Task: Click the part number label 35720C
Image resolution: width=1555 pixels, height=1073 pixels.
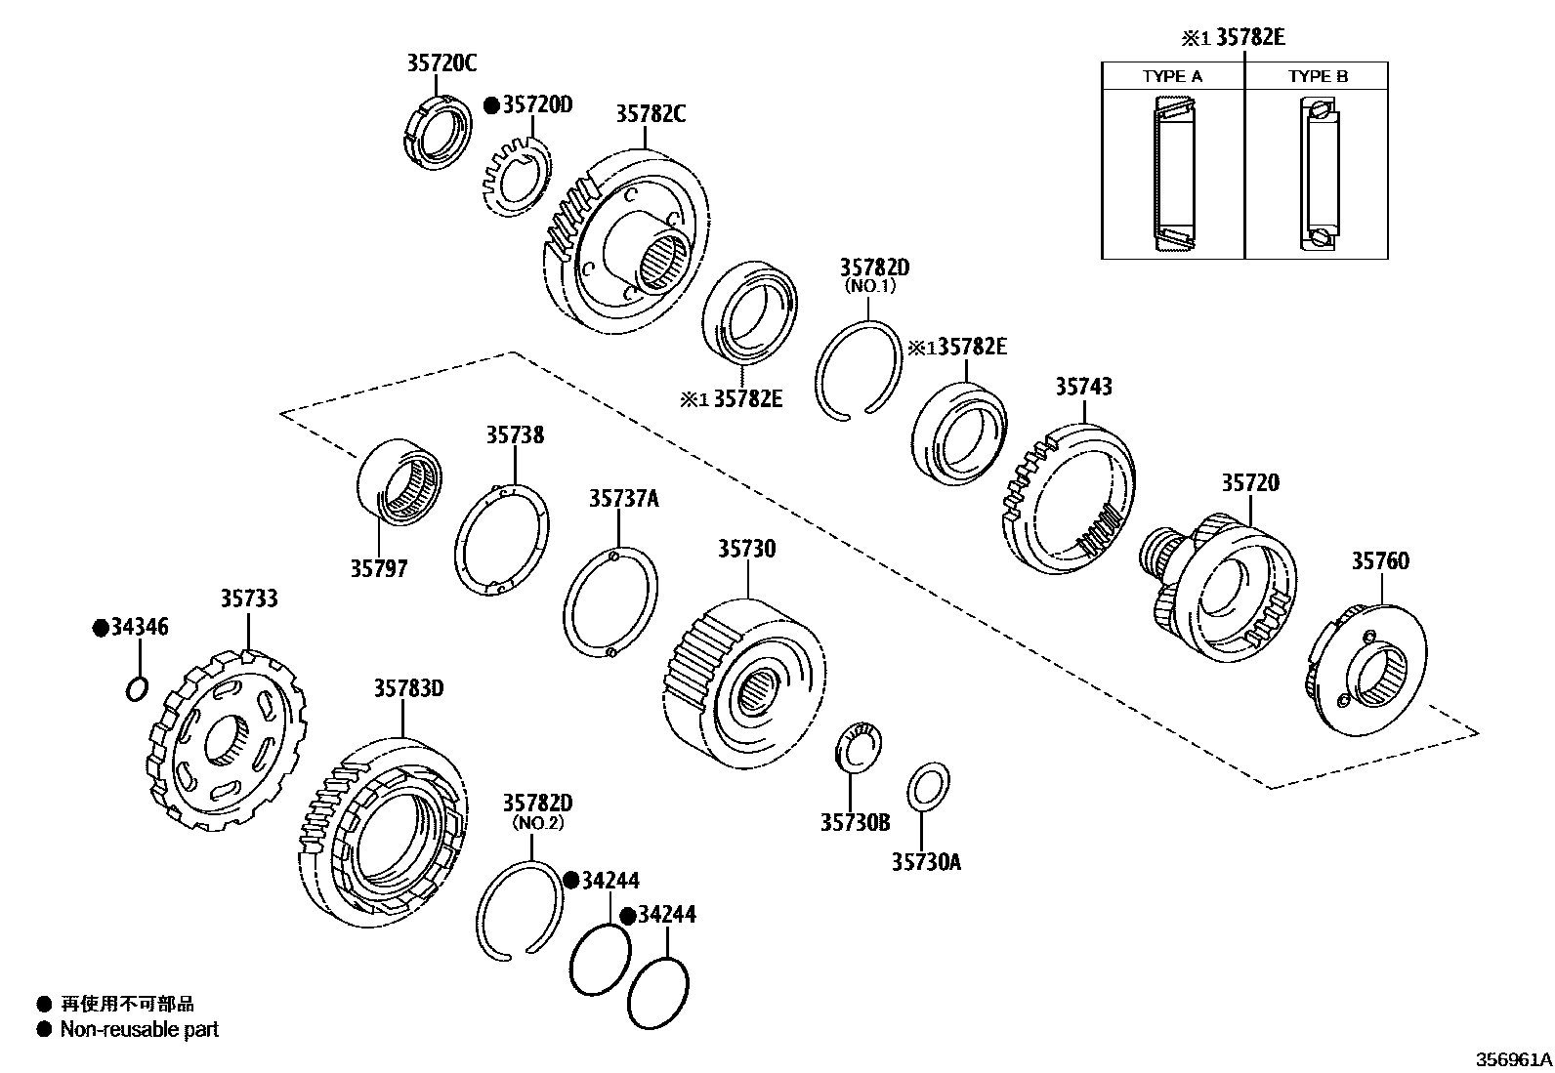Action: click(441, 63)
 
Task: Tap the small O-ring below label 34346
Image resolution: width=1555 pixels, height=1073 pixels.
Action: click(137, 689)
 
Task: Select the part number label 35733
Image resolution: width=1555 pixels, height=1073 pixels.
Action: click(248, 598)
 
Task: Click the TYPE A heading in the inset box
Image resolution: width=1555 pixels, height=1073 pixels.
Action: click(1172, 76)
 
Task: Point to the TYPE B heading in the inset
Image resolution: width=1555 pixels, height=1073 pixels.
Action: click(1317, 76)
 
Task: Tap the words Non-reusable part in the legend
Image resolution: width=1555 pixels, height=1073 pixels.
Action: click(139, 1029)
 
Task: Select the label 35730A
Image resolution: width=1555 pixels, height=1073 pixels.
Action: click(925, 862)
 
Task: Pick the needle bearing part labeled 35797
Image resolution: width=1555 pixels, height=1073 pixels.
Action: click(398, 483)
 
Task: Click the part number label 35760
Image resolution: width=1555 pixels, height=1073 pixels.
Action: click(1380, 561)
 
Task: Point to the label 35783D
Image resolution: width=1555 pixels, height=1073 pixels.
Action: click(408, 689)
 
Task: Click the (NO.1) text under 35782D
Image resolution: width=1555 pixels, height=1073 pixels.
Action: click(869, 287)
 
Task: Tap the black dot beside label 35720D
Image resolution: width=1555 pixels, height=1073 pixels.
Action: click(491, 104)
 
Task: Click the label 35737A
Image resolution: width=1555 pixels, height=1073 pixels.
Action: click(623, 500)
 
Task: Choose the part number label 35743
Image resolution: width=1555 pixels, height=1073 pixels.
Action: click(1082, 387)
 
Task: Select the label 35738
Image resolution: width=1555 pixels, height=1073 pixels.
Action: click(515, 435)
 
